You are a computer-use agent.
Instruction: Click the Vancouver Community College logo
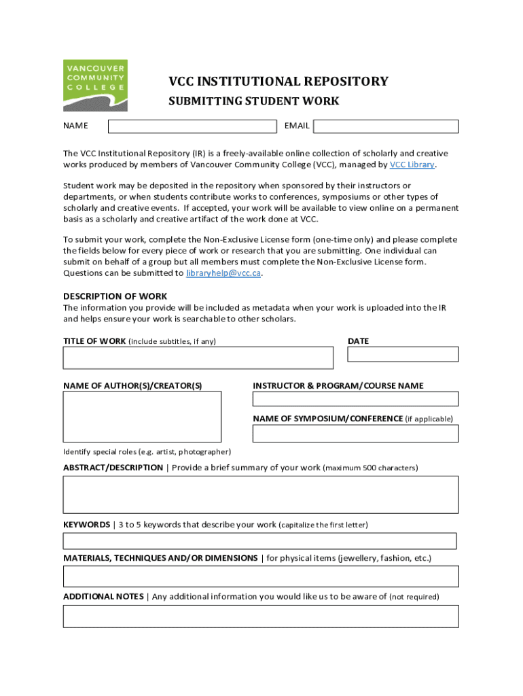95,85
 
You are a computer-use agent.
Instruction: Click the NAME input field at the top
192,126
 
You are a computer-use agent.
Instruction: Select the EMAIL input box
386,126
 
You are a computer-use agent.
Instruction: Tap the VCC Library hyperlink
412,164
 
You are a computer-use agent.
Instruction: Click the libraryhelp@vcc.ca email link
223,273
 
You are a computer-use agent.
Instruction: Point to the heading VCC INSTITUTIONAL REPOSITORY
278,82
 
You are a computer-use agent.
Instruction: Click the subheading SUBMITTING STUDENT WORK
253,102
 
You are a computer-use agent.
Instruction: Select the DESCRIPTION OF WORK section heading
115,296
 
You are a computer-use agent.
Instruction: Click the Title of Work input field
198,358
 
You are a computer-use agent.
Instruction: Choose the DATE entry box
403,354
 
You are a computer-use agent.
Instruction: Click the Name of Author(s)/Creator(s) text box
142,417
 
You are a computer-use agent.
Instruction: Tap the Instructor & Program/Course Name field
355,399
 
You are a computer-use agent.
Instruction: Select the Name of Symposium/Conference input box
355,433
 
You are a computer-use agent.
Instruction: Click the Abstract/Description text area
261,494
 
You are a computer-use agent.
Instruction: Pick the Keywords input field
259,541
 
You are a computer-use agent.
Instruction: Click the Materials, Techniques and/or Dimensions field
261,576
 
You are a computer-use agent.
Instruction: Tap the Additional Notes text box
261,616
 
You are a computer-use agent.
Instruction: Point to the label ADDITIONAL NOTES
103,597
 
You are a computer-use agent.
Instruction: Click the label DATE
358,341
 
